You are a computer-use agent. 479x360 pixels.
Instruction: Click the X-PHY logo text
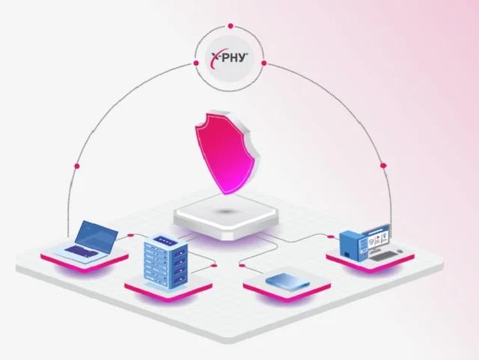point(230,58)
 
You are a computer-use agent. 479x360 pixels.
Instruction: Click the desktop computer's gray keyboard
point(383,256)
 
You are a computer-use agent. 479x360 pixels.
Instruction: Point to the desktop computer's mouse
point(400,251)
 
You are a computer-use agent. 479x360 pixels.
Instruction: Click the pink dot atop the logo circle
point(231,26)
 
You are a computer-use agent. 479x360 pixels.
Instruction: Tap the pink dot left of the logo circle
point(196,64)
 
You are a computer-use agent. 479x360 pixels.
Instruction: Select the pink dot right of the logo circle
point(264,64)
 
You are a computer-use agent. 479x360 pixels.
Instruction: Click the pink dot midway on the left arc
point(77,166)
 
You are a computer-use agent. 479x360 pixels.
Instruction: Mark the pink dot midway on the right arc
point(383,165)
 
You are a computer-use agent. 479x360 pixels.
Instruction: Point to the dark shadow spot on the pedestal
point(225,212)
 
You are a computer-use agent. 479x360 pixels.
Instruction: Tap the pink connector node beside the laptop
point(130,235)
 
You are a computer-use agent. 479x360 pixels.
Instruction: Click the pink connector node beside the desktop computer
point(331,237)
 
